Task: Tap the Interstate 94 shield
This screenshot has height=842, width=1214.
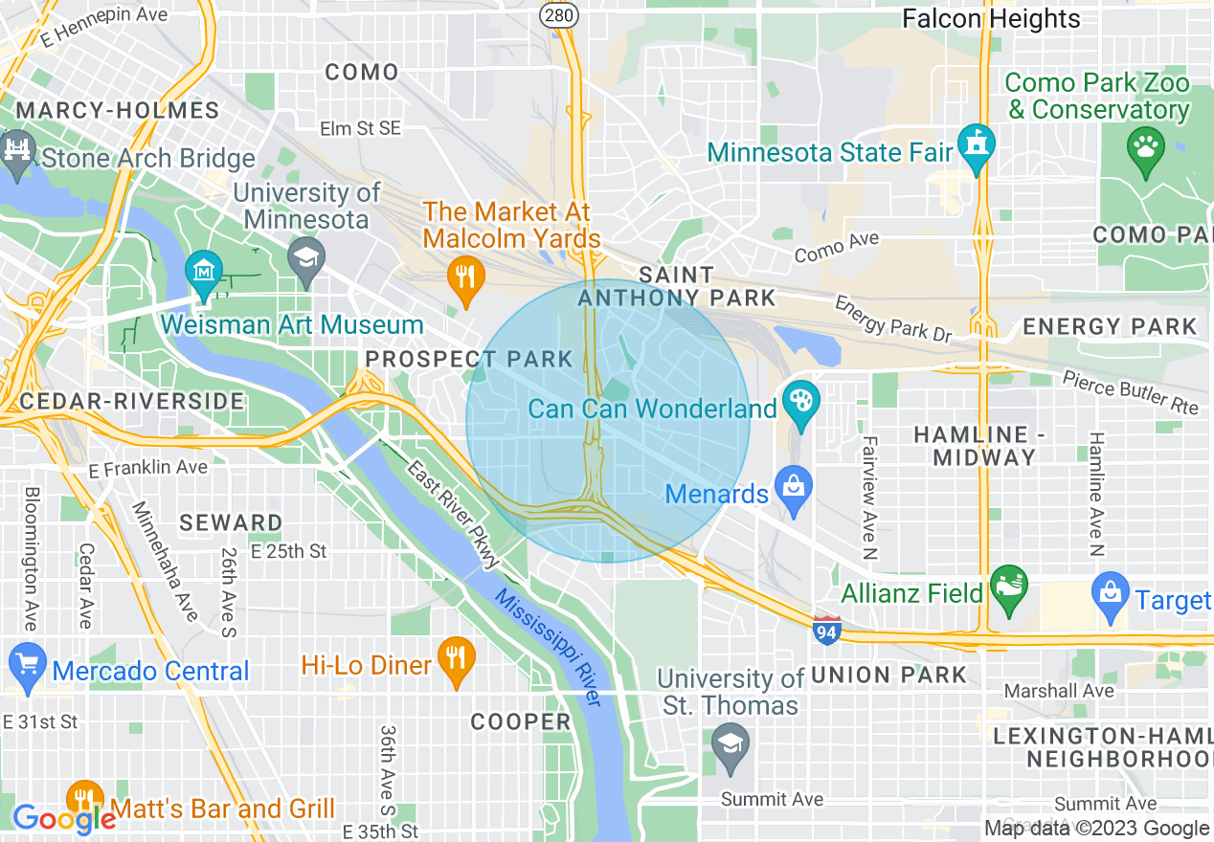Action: click(827, 630)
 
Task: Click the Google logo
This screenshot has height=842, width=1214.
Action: click(64, 818)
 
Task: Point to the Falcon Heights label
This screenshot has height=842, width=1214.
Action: click(992, 18)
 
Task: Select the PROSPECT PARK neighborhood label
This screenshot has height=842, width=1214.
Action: click(469, 359)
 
